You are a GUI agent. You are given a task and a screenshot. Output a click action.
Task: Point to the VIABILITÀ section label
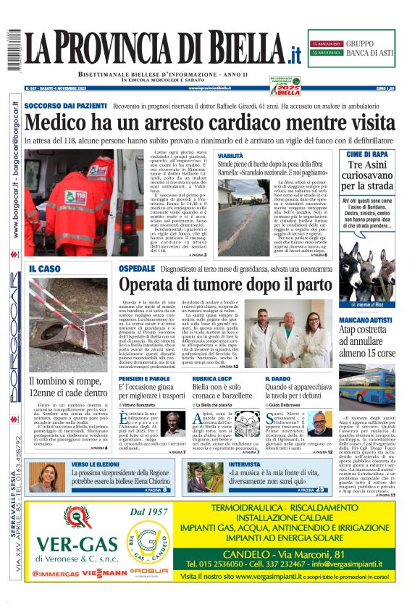point(231,156)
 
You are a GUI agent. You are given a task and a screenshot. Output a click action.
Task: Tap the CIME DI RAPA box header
point(367,154)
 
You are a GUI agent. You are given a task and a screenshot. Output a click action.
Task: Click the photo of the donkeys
point(367,272)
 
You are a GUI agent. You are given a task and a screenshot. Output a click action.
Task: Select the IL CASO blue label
point(45,270)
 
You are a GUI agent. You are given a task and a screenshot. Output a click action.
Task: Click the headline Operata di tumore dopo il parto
point(224,284)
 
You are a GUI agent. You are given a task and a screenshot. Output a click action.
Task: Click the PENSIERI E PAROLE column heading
point(145,379)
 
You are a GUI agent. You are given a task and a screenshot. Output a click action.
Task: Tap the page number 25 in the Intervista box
point(321,490)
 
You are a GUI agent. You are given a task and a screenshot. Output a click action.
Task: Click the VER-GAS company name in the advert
point(77,543)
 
